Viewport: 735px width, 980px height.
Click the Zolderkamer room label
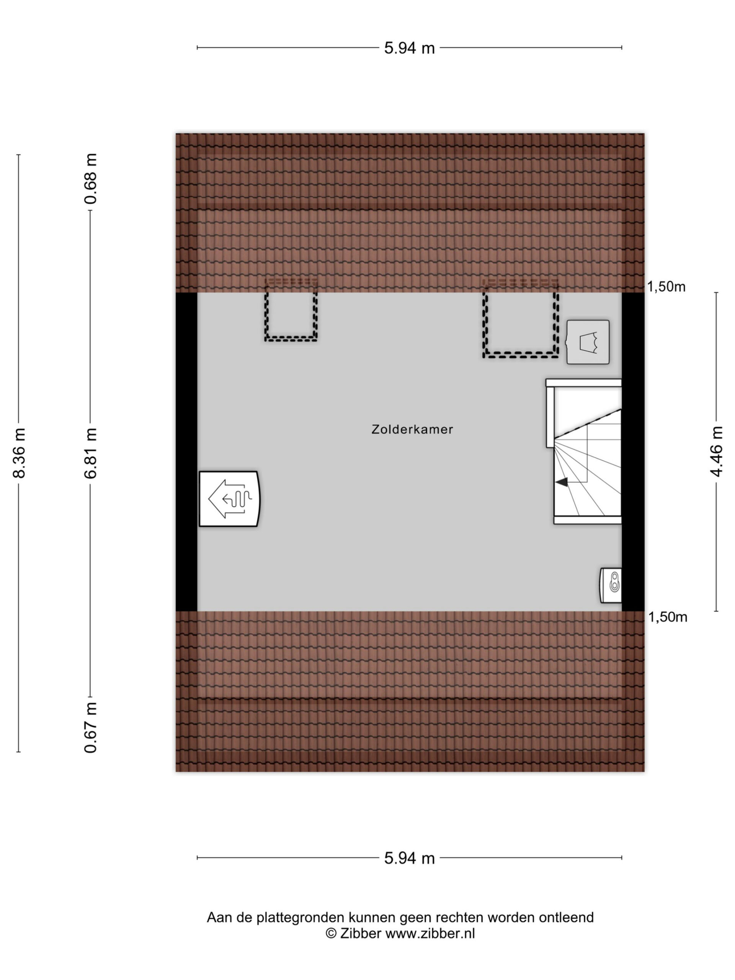point(412,429)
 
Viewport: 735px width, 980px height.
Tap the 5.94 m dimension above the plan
point(409,48)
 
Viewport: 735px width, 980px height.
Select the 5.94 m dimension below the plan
point(409,859)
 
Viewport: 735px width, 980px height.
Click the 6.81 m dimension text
point(90,453)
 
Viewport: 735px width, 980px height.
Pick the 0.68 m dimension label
point(90,178)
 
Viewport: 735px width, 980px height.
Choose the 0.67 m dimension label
point(90,727)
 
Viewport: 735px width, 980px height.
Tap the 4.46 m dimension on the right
point(716,451)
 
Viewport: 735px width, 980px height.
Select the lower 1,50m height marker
point(668,617)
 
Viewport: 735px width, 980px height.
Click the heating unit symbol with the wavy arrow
point(229,498)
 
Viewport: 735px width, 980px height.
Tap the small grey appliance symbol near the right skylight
point(588,342)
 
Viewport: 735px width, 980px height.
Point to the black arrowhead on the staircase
point(562,482)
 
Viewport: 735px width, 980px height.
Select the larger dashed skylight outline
point(521,355)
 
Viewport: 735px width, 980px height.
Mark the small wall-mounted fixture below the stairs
point(611,585)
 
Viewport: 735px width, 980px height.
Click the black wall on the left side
point(186,451)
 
